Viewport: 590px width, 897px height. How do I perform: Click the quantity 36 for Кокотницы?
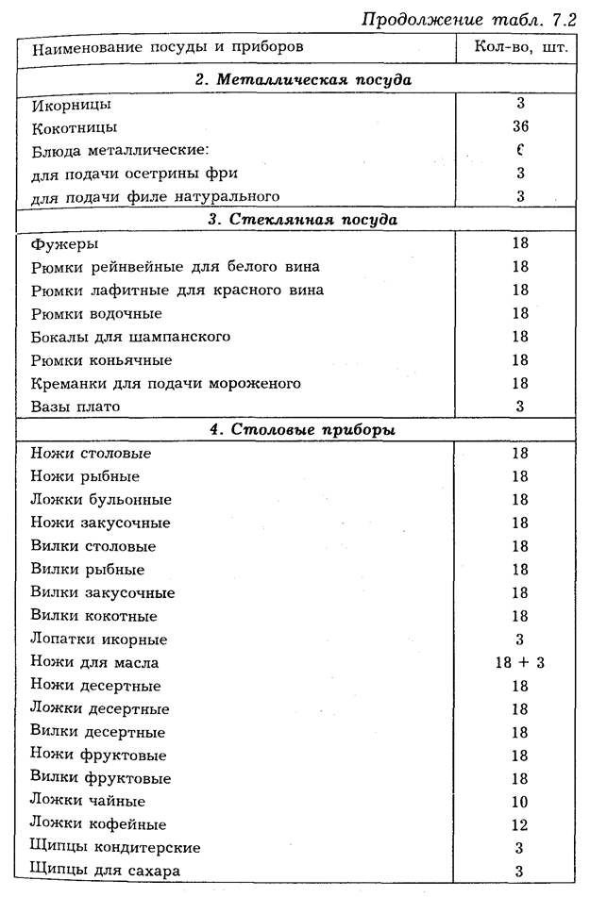pyautogui.click(x=519, y=126)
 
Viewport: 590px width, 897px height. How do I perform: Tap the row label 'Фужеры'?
pyautogui.click(x=63, y=244)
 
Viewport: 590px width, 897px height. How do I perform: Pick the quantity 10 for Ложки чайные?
pyautogui.click(x=519, y=802)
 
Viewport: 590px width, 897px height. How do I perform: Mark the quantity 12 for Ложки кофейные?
pyautogui.click(x=519, y=824)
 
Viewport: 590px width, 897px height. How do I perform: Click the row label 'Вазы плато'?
pyautogui.click(x=76, y=407)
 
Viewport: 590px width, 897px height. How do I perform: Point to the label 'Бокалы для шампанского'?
pyautogui.click(x=130, y=337)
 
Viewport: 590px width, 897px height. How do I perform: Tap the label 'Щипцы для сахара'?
pyautogui.click(x=105, y=871)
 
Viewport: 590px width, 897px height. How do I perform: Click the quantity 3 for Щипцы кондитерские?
pyautogui.click(x=519, y=848)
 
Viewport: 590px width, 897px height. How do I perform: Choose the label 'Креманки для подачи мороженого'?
pyautogui.click(x=165, y=384)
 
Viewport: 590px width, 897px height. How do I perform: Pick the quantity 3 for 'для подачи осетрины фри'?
pyautogui.click(x=519, y=174)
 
